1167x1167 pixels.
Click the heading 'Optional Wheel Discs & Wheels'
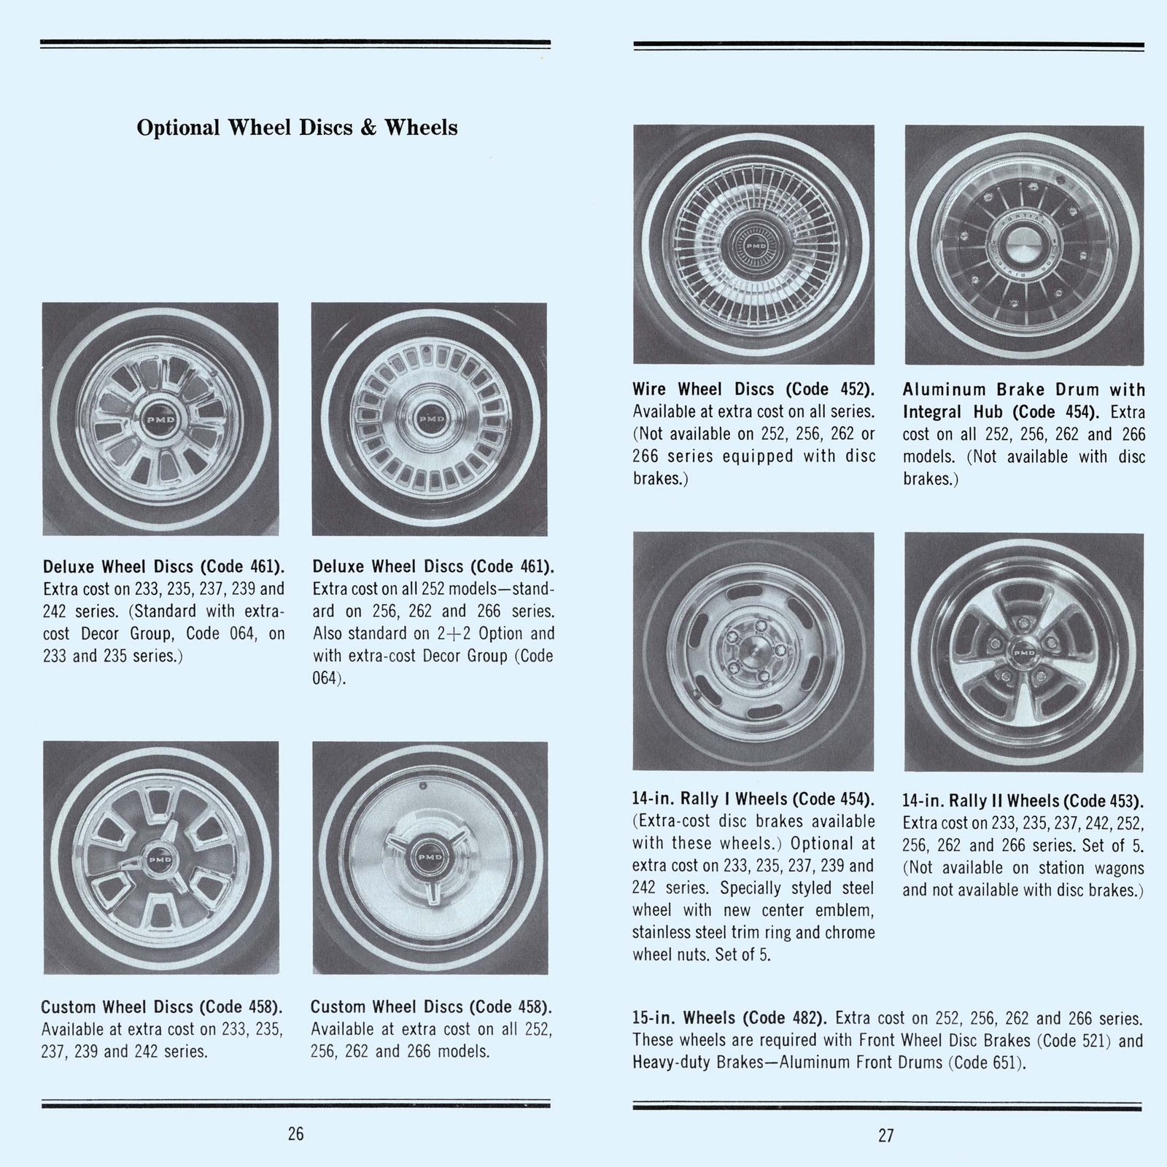tap(297, 128)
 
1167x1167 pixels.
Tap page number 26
tap(295, 1134)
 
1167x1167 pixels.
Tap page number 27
tap(885, 1135)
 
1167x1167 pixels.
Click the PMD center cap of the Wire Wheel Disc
tap(753, 247)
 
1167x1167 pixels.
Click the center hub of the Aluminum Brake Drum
tap(1024, 244)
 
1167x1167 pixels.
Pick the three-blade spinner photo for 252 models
tap(430, 857)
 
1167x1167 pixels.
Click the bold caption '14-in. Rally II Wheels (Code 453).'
tap(1023, 800)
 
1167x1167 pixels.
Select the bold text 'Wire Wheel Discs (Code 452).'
tap(753, 389)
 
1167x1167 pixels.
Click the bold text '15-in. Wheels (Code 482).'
tap(729, 1018)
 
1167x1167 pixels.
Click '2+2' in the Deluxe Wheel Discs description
tap(451, 633)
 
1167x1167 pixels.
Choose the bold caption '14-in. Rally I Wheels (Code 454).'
tap(753, 799)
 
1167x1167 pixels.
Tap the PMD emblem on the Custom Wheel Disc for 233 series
tap(160, 860)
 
